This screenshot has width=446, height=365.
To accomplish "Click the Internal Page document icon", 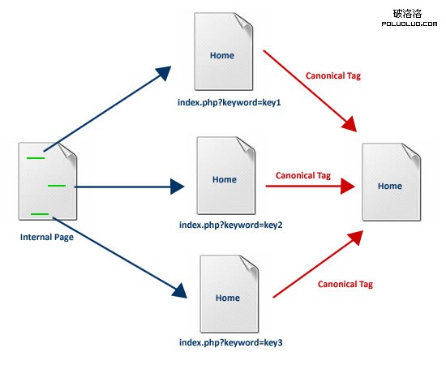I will coord(48,181).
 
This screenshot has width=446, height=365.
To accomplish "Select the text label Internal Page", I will coord(48,238).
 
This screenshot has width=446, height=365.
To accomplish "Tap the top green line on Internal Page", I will coord(35,157).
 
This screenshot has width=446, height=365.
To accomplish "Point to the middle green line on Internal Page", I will coord(56,186).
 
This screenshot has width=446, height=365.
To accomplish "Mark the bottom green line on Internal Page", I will coord(40,214).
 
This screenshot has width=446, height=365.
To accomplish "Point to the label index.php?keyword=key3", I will coord(231,343).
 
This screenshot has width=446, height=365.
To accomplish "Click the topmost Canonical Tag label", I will coord(332,75).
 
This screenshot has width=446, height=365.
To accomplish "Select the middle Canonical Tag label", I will coord(303,174).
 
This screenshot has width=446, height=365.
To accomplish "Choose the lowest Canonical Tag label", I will coord(345,284).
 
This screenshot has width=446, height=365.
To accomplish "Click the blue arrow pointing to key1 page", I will coord(105,109).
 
